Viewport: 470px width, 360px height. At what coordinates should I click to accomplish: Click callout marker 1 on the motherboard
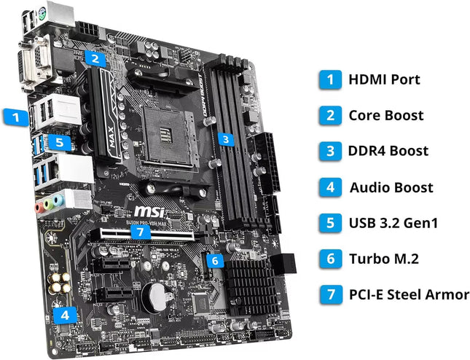pyautogui.click(x=12, y=115)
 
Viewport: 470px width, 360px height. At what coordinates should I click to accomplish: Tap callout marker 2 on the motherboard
pyautogui.click(x=95, y=56)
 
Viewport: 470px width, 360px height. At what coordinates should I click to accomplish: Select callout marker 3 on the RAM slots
pyautogui.click(x=227, y=139)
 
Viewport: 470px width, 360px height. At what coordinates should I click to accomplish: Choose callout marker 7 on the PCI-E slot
pyautogui.click(x=141, y=232)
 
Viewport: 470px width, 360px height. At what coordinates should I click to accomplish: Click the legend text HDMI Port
pyautogui.click(x=384, y=79)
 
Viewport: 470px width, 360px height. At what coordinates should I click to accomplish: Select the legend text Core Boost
pyautogui.click(x=385, y=114)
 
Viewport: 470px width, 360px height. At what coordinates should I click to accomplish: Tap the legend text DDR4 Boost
pyautogui.click(x=388, y=151)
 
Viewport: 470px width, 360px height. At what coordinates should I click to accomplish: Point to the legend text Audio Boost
pyautogui.click(x=391, y=187)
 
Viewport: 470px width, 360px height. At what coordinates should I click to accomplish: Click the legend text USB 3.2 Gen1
pyautogui.click(x=393, y=223)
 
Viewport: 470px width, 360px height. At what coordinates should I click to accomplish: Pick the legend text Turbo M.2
pyautogui.click(x=384, y=259)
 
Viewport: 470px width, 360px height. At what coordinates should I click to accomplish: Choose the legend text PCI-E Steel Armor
pyautogui.click(x=409, y=295)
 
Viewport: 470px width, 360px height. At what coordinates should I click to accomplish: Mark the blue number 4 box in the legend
pyautogui.click(x=330, y=187)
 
